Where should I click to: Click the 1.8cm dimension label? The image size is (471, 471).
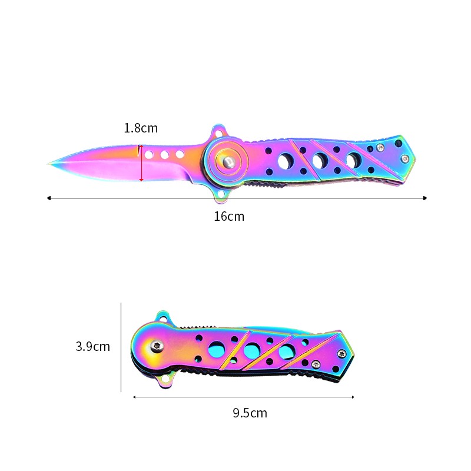click(141, 128)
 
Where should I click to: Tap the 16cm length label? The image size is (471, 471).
click(229, 217)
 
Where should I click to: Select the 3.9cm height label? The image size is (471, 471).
click(93, 346)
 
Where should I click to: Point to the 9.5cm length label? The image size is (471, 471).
click(250, 413)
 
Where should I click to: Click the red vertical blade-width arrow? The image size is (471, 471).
click(141, 163)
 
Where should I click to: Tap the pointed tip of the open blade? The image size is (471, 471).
click(48, 164)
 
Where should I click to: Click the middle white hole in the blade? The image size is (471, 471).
click(164, 155)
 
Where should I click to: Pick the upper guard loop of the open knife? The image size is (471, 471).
click(219, 132)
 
